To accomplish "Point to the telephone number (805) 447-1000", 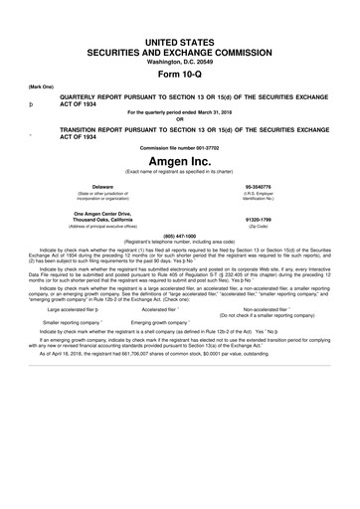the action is pos(179,237).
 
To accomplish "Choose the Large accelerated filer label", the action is pos(71,309).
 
